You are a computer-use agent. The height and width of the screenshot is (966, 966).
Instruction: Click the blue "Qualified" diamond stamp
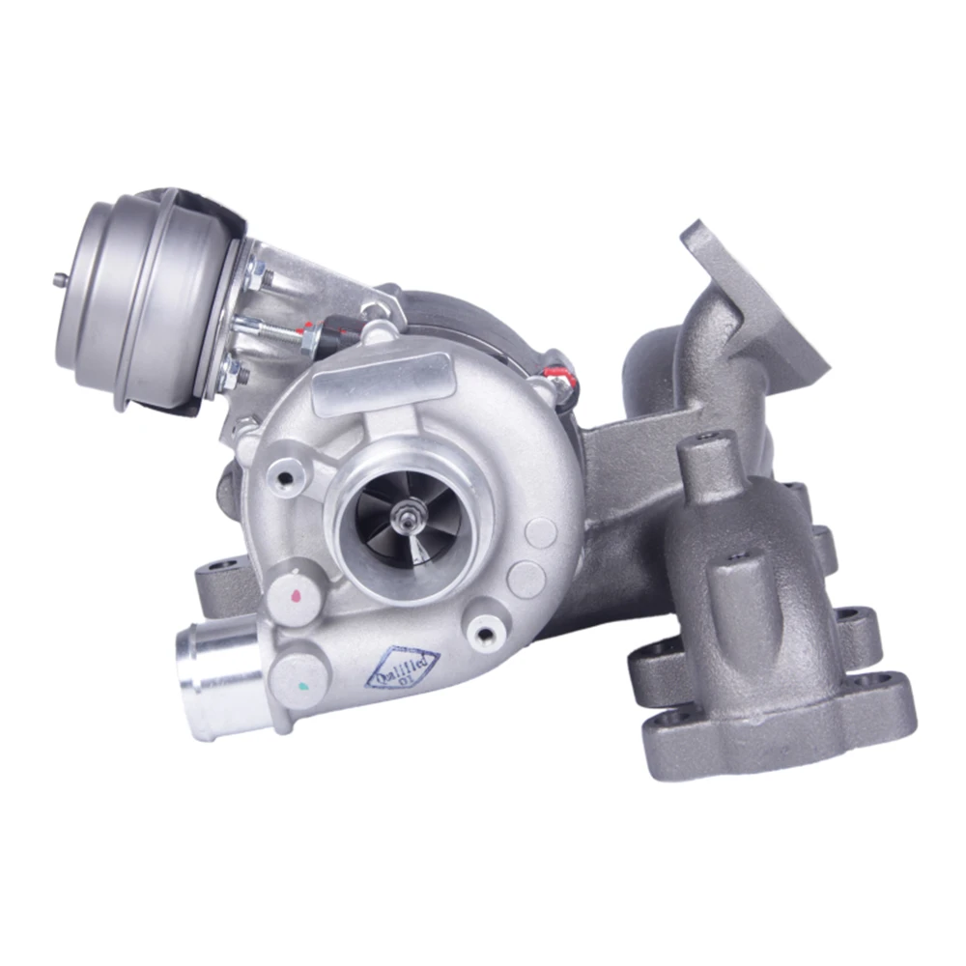403,668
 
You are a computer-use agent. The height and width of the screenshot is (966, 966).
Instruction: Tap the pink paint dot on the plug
295,597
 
